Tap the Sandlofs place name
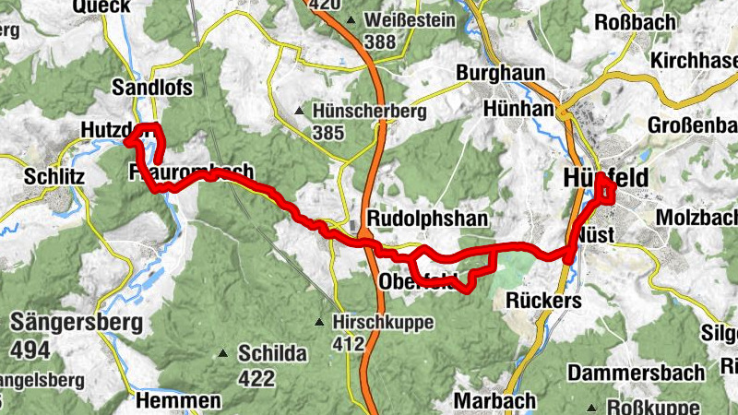click(150, 88)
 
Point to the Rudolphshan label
click(426, 219)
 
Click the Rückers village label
click(544, 302)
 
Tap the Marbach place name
click(495, 401)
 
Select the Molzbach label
click(697, 218)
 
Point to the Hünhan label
click(518, 109)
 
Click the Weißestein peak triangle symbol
click(351, 20)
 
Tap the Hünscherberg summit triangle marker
click(299, 112)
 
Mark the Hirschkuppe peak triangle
click(319, 323)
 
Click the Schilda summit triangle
click(222, 353)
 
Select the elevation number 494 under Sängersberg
click(32, 350)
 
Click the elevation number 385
click(327, 134)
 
